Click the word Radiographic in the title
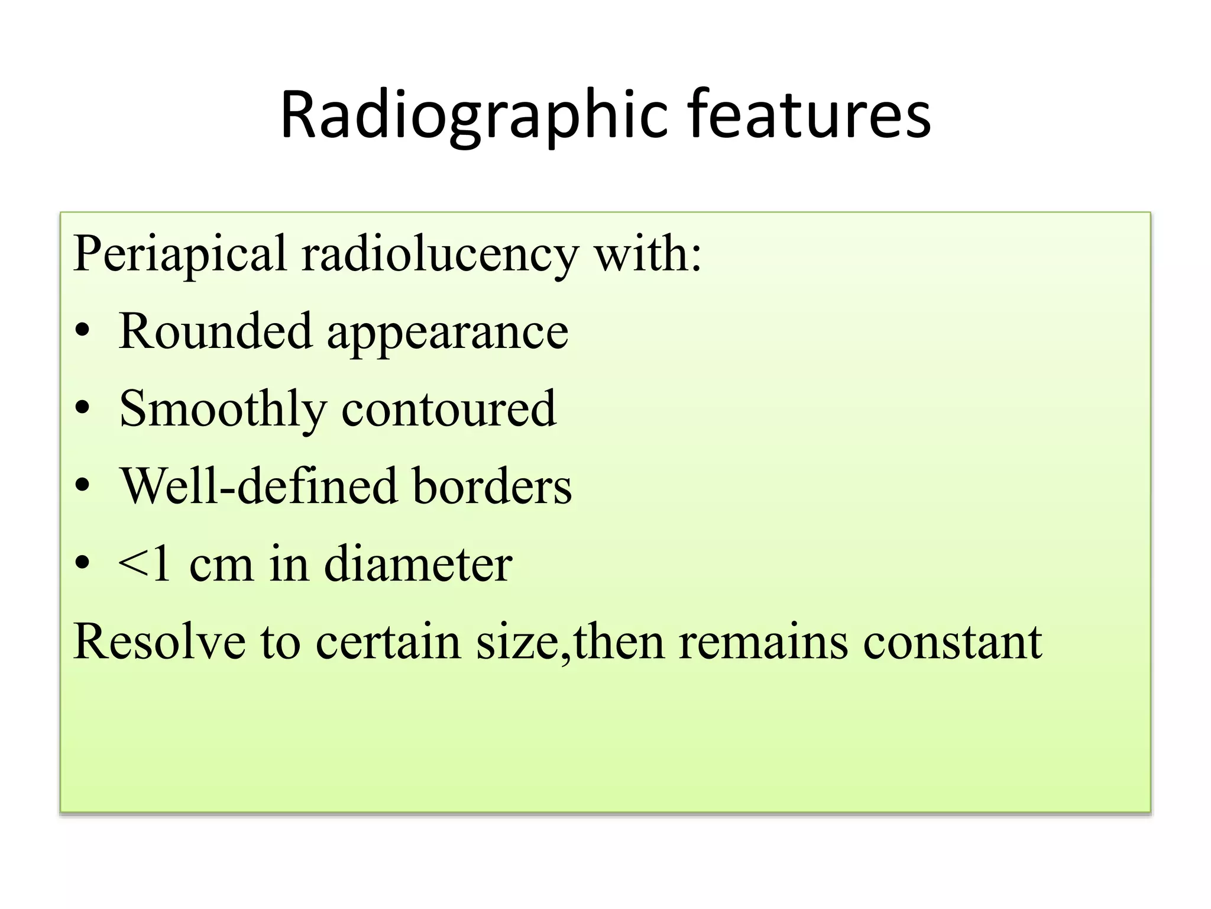pyautogui.click(x=474, y=115)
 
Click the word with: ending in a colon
pyautogui.click(x=647, y=254)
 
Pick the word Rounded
pyautogui.click(x=215, y=331)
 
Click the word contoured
pyautogui.click(x=449, y=408)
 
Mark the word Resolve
pyautogui.click(x=160, y=642)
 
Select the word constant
pyautogui.click(x=953, y=642)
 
